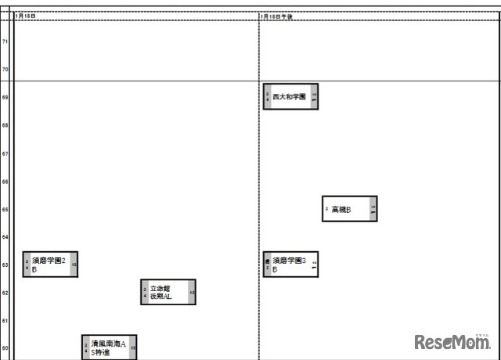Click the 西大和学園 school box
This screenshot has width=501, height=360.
click(290, 96)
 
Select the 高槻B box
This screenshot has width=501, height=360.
click(350, 209)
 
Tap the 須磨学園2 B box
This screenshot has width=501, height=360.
click(50, 265)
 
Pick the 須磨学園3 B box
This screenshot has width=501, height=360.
click(290, 265)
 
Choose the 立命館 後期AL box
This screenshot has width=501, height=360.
click(168, 292)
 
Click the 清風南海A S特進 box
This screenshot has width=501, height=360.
click(110, 347)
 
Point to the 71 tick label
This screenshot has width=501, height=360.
click(5, 41)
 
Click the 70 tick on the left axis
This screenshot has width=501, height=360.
click(5, 70)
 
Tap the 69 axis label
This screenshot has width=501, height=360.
click(5, 98)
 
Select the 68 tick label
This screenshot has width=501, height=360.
click(5, 125)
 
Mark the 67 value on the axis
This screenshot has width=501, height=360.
click(5, 153)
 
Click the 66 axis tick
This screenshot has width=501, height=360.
click(5, 182)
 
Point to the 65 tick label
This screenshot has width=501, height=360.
click(5, 209)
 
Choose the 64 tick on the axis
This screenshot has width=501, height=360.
click(5, 237)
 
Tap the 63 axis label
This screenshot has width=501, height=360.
click(5, 265)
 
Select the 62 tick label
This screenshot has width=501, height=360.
click(5, 293)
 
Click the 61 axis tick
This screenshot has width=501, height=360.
click(5, 321)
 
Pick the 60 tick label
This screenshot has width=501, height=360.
click(5, 349)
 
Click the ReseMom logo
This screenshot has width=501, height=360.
click(452, 342)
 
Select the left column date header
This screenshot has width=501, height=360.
click(26, 16)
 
